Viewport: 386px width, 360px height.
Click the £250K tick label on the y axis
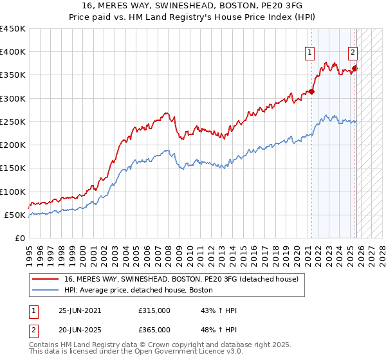(x=13, y=122)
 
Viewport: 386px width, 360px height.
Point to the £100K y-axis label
(x=13, y=192)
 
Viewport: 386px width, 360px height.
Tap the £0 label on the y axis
(x=20, y=238)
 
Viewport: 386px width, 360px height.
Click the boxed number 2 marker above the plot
(x=353, y=53)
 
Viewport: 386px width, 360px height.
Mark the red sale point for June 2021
(x=311, y=91)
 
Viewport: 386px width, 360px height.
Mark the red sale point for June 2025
(x=354, y=68)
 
